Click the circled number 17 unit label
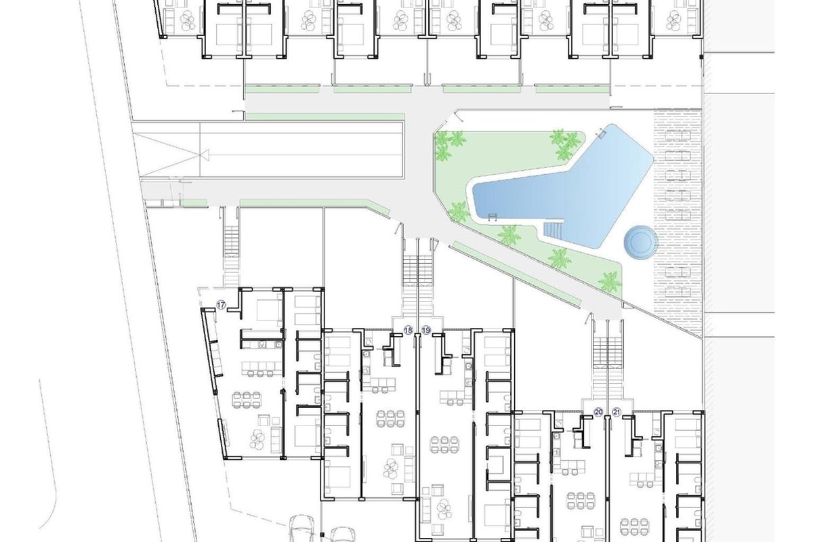[x=221, y=305]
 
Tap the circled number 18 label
[x=409, y=330]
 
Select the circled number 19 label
[x=426, y=330]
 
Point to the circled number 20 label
[x=598, y=412]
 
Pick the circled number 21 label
[x=617, y=412]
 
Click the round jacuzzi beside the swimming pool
[x=640, y=242]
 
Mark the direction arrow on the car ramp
[x=205, y=154]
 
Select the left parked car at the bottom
[x=302, y=528]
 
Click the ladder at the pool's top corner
[x=601, y=133]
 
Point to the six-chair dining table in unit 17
[x=247, y=399]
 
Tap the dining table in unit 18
[x=390, y=419]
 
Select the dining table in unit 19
[x=444, y=444]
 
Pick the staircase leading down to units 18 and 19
[x=418, y=285]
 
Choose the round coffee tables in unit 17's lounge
[x=258, y=439]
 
